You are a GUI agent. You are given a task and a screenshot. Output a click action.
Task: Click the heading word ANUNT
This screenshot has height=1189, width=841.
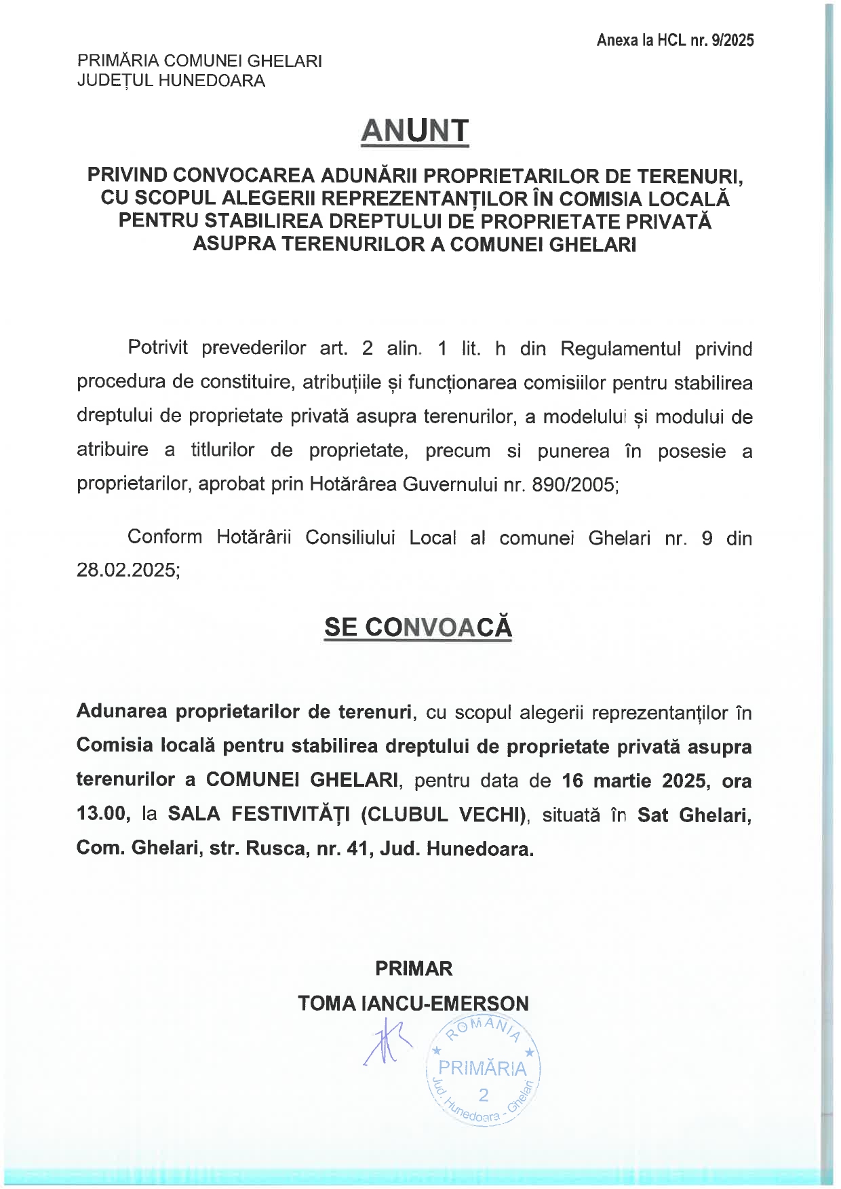pyautogui.click(x=414, y=130)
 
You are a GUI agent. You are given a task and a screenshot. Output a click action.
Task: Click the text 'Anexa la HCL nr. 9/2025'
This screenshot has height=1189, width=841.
pyautogui.click(x=675, y=41)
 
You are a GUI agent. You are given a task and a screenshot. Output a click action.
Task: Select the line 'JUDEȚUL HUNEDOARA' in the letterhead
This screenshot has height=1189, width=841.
pyautogui.click(x=171, y=81)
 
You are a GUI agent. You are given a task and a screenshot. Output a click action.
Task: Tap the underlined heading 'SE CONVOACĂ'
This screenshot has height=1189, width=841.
pyautogui.click(x=418, y=627)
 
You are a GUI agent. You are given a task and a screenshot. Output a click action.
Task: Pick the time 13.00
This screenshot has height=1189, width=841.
pyautogui.click(x=103, y=814)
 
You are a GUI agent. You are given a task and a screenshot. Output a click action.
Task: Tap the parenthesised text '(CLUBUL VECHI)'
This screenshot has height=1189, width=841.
pyautogui.click(x=444, y=814)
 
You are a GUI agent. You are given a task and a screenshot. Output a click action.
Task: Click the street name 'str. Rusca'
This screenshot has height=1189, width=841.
pyautogui.click(x=257, y=848)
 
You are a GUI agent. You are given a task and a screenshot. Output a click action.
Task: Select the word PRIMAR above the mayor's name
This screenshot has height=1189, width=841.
pyautogui.click(x=414, y=969)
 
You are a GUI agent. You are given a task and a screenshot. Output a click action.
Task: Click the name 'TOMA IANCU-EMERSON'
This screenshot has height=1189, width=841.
pyautogui.click(x=413, y=1003)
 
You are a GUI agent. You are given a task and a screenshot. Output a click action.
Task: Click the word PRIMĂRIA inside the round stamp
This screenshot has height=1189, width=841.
pyautogui.click(x=482, y=1068)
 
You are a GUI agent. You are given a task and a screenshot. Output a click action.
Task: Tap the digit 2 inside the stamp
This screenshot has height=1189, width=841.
pyautogui.click(x=483, y=1094)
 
